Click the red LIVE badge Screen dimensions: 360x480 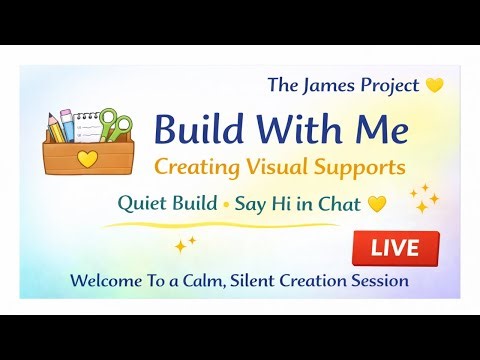click(x=395, y=246)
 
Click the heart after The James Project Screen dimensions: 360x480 click(x=434, y=86)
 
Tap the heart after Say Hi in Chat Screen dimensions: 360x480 click(x=376, y=204)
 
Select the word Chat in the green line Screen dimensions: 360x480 click(x=340, y=203)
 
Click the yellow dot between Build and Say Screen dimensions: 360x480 click(x=225, y=205)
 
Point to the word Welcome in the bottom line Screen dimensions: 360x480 click(x=104, y=281)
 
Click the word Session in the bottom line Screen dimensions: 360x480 click(x=378, y=281)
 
